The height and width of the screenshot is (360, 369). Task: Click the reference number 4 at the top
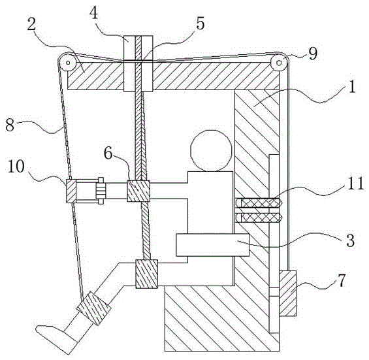pos(94,14)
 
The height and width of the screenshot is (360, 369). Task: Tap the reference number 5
pos(200,24)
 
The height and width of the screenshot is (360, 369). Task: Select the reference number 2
pos(31,25)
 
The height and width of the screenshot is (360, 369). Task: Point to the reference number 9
pos(313,54)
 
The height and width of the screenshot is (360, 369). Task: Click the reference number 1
pos(351,87)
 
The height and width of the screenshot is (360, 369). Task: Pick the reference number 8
pos(10,125)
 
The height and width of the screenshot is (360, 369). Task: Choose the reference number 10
pos(16,167)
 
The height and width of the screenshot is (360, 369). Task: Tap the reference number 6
pos(108,154)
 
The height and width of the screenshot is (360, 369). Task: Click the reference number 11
pos(355,184)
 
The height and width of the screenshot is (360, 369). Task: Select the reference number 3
pos(351,241)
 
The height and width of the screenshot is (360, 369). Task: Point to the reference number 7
pos(342,281)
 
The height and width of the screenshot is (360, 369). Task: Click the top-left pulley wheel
pos(67,63)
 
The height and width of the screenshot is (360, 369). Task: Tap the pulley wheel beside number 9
pos(279,63)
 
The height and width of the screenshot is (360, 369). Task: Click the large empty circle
pos(211,151)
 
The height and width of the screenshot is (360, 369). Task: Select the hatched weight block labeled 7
pos(287,293)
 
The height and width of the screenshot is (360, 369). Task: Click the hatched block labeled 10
pos(71,191)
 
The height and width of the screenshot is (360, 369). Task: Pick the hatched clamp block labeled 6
pos(138,191)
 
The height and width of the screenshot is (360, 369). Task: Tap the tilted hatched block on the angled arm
pos(93,308)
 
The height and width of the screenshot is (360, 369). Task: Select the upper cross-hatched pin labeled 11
pos(259,203)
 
